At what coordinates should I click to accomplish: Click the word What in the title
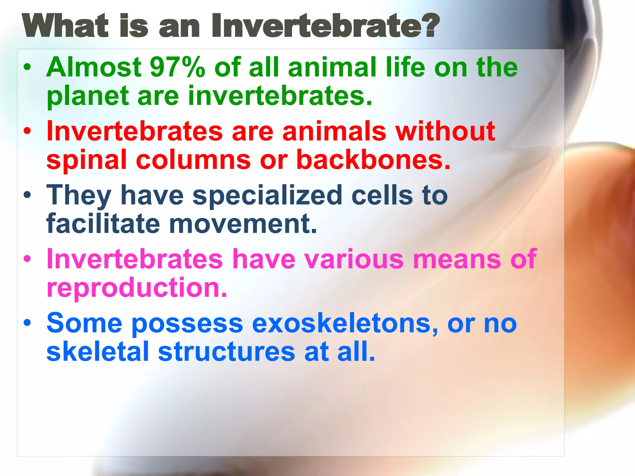click(x=65, y=26)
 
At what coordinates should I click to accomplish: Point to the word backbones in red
click(x=373, y=160)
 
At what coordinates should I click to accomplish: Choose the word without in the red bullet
click(x=445, y=131)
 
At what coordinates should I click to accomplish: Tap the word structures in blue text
click(x=226, y=352)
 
